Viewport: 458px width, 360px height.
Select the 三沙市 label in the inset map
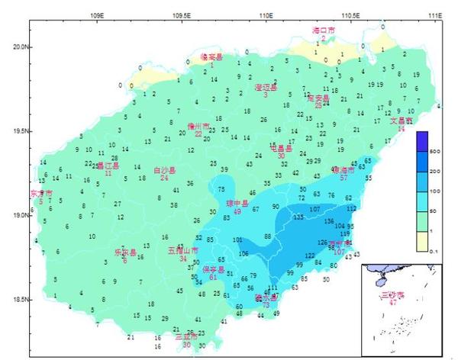click(x=392, y=294)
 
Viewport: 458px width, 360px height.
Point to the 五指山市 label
click(x=183, y=250)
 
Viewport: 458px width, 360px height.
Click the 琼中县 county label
click(x=237, y=204)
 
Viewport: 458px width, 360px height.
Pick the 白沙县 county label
click(x=165, y=170)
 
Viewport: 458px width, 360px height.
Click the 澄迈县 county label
click(x=266, y=87)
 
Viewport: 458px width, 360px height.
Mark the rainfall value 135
click(x=298, y=217)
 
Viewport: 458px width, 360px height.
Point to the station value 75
click(x=221, y=189)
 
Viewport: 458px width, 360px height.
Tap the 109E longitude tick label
click(x=97, y=14)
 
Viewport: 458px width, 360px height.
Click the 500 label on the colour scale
click(x=435, y=153)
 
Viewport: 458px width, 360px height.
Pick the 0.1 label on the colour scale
click(x=435, y=248)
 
